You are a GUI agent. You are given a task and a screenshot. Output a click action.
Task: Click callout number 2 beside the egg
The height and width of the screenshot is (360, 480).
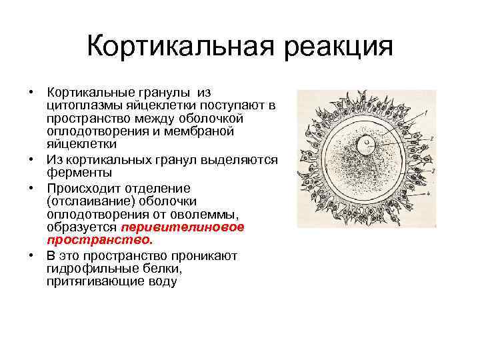click(x=434, y=137)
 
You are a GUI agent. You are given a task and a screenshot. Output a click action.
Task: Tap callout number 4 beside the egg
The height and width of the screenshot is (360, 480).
click(x=433, y=197)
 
